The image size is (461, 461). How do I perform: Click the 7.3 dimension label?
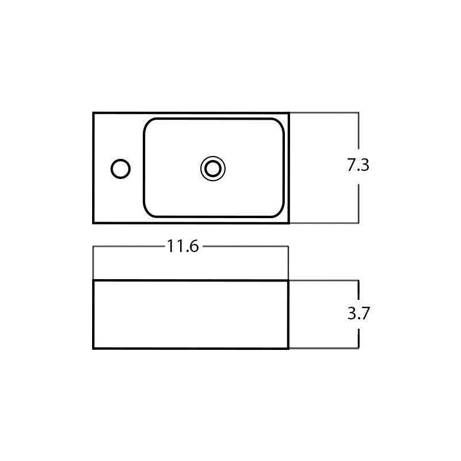pos(358,165)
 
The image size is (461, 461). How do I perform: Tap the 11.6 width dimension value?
pos(183,246)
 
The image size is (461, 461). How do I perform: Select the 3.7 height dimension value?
pos(358,314)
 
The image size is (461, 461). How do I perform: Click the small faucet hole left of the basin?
pos(120,169)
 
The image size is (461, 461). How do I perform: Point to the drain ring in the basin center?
pos(213,169)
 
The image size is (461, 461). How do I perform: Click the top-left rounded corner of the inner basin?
pos(148,123)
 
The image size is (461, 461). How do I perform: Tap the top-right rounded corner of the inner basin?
pos(280,123)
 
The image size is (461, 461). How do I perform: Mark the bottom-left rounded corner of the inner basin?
pos(148,213)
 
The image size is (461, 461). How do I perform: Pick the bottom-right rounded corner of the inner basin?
pos(280,213)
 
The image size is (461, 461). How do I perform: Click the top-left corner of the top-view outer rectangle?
pos(94,113)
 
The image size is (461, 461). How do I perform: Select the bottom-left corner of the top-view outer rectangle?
pos(94,222)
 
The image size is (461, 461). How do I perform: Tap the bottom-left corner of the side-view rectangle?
pos(94,348)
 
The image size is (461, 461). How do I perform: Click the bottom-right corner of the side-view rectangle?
pos(288,348)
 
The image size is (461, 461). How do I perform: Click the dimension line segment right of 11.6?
pos(245,246)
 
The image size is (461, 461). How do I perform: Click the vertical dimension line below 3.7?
pos(359,337)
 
